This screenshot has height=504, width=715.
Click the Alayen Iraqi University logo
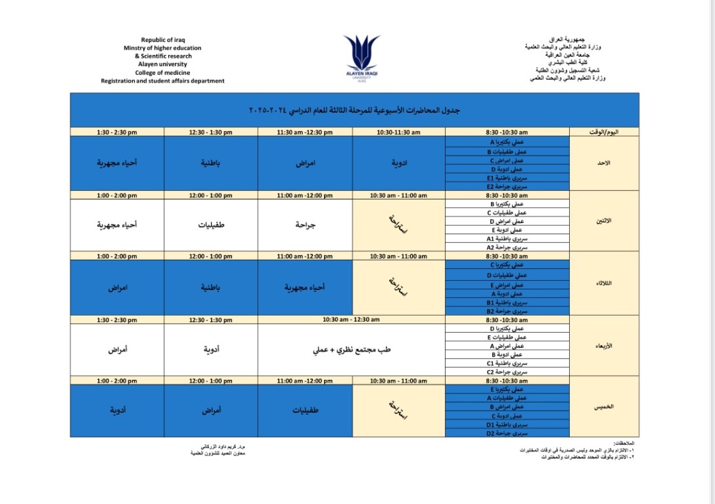361,58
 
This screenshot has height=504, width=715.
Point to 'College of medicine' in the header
162,73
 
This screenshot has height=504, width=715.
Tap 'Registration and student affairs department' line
162,81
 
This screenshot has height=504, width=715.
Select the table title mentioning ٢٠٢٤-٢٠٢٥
354,110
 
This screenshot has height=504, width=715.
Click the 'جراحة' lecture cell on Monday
306,224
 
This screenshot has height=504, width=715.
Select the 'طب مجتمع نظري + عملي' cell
352,350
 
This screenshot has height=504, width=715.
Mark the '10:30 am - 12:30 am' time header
352,320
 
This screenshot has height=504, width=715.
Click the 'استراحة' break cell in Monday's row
399,224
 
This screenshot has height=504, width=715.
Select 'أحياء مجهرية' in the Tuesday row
306,287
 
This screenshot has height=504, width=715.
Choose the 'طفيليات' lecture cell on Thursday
306,410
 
